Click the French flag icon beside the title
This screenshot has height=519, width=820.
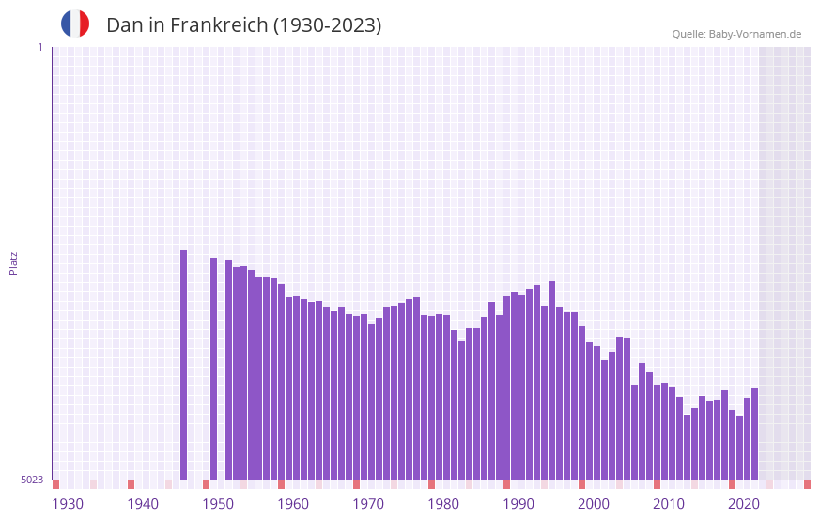(75, 24)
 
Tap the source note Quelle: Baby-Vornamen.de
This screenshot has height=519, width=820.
(736, 34)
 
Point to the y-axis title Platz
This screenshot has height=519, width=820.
(13, 262)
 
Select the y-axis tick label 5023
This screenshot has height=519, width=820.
(32, 480)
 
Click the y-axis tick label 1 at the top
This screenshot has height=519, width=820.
(39, 47)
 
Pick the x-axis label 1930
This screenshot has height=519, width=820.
(68, 504)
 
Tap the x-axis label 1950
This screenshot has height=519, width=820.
(218, 504)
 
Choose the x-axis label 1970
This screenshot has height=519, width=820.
(368, 504)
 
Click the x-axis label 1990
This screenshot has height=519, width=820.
(518, 504)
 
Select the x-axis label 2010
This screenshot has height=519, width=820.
(669, 504)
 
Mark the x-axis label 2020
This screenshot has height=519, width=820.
(744, 504)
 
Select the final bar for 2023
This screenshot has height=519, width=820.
(754, 433)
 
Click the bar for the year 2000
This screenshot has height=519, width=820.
(581, 403)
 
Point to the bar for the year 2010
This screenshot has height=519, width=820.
(657, 432)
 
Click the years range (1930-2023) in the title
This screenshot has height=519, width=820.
(327, 25)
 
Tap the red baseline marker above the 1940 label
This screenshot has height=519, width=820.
(131, 484)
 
